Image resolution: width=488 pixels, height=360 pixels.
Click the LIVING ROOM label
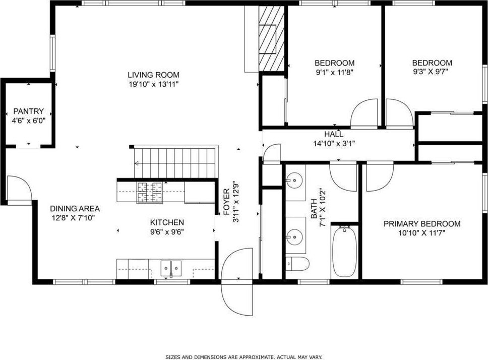(153, 75)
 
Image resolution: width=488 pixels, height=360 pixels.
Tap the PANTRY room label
(28, 111)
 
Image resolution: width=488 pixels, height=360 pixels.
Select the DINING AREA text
(75, 209)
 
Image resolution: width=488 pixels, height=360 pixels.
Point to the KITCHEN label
(167, 222)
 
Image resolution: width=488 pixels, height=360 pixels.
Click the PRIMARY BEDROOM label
(422, 224)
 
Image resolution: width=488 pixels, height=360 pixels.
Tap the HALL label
(334, 135)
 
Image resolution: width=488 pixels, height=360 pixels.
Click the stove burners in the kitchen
(150, 192)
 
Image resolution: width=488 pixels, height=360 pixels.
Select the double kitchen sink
(171, 268)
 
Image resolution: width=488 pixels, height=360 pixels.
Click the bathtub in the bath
(344, 252)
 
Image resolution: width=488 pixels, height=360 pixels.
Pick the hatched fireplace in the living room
(272, 39)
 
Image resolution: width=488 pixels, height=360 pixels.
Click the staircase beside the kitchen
(175, 163)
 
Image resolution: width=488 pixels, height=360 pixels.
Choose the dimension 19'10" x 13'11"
(153, 85)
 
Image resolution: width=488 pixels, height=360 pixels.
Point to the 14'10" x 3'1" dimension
(334, 144)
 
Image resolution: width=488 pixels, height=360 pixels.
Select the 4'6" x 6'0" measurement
(29, 121)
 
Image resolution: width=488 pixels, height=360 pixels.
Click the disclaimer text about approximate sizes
(243, 357)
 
